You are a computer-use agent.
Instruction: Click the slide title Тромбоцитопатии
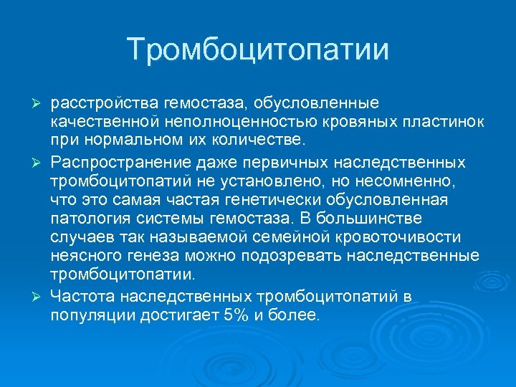(x=258, y=49)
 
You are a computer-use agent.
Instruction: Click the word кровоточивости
(x=398, y=236)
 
